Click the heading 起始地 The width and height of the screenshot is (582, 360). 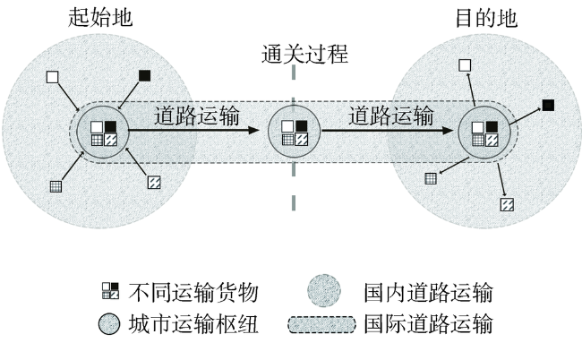pyautogui.click(x=100, y=17)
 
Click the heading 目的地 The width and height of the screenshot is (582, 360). pyautogui.click(x=486, y=18)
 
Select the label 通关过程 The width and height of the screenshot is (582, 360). pyautogui.click(x=304, y=55)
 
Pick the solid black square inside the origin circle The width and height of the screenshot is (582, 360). pyautogui.click(x=110, y=127)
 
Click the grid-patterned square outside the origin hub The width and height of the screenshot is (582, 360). pyautogui.click(x=56, y=186)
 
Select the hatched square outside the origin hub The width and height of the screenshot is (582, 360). pyautogui.click(x=154, y=182)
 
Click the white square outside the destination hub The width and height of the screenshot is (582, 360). pyautogui.click(x=465, y=65)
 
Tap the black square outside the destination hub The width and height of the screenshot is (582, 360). pyautogui.click(x=548, y=106)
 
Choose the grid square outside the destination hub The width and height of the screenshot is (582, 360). pyautogui.click(x=431, y=178)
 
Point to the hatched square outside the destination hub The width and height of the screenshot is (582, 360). pyautogui.click(x=507, y=204)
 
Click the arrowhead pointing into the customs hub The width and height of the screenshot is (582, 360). pyautogui.click(x=254, y=130)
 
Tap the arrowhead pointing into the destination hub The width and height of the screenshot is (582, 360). pyautogui.click(x=448, y=130)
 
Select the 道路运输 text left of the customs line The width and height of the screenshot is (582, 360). pyautogui.click(x=197, y=116)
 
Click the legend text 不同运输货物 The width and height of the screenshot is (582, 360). pyautogui.click(x=193, y=293)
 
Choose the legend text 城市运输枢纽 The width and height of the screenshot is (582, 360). pyautogui.click(x=193, y=323)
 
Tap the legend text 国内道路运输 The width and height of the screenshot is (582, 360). pyautogui.click(x=428, y=293)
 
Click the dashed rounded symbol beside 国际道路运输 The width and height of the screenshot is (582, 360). pyautogui.click(x=321, y=324)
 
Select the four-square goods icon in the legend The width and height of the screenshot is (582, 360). pyautogui.click(x=111, y=291)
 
